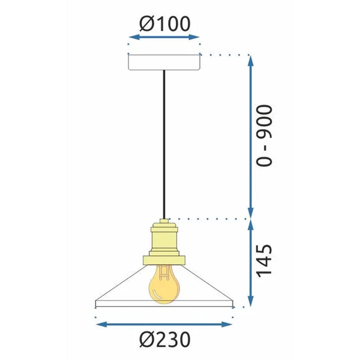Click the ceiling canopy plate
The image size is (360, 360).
[x=164, y=62]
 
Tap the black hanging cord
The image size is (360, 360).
[x=164, y=144]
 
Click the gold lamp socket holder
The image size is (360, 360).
[x=164, y=239]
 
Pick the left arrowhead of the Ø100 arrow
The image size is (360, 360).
[x=131, y=38]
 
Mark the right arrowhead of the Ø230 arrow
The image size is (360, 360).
[x=230, y=325]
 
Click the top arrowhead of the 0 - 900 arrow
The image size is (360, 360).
[x=250, y=59]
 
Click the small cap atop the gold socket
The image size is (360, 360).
[x=164, y=222]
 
